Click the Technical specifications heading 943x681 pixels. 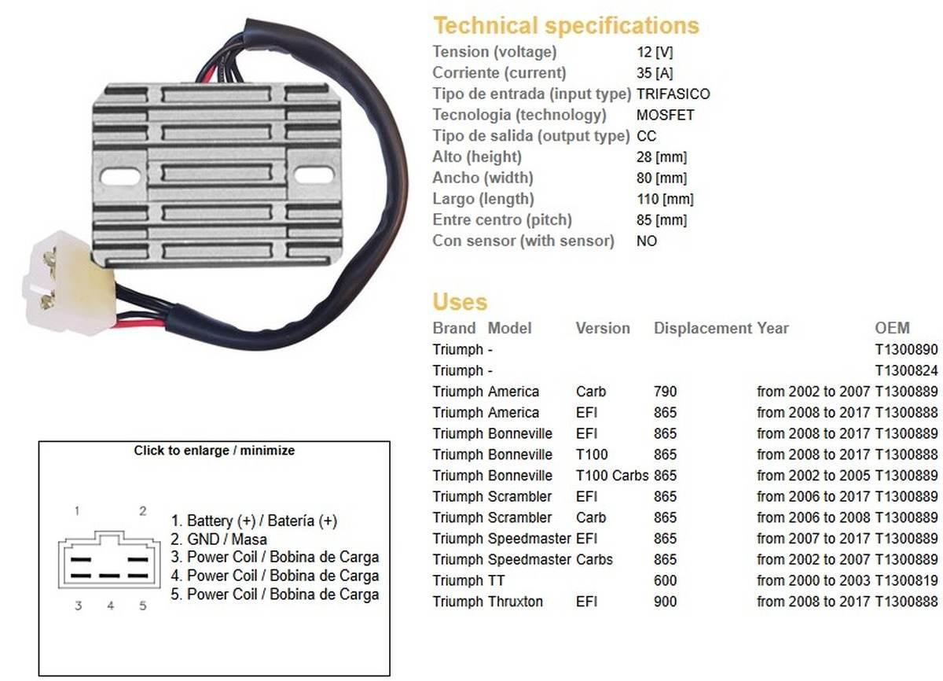point(566,25)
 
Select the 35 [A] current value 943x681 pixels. point(655,73)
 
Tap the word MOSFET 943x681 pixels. point(654,115)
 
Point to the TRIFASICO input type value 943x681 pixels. point(673,94)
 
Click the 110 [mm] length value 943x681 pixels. point(665,199)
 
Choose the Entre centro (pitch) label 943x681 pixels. point(502,219)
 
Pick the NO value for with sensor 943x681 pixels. point(646,241)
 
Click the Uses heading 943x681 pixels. point(460,302)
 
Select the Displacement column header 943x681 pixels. point(703,328)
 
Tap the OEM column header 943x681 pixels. point(891,328)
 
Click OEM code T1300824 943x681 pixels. point(906,370)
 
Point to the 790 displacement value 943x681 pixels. point(665,392)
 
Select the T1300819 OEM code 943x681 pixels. point(906,580)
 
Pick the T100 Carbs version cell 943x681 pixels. point(611,476)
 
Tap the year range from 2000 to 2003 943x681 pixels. point(813,580)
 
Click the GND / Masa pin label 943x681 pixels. point(226,539)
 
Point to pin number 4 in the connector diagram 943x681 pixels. point(111,606)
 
